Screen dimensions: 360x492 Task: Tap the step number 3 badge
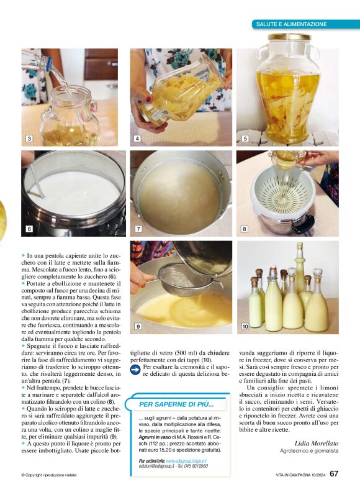coord(29,139)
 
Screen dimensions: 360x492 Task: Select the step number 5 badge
coord(245,139)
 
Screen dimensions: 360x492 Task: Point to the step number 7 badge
coord(138,229)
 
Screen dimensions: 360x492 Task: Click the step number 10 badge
coord(245,326)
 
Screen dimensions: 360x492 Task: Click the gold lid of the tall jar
coord(289,37)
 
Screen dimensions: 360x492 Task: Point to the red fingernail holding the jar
coord(148,99)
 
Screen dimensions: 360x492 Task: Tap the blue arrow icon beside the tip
coord(135,370)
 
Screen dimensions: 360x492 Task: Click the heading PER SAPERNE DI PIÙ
coord(176,404)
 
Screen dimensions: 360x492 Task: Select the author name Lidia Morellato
coord(317,443)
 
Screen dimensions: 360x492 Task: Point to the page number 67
coord(334,473)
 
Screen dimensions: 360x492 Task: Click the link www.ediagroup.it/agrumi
coord(186,461)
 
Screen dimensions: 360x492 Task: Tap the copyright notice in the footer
coord(49,475)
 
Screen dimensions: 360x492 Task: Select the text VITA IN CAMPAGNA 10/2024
coord(301,475)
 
